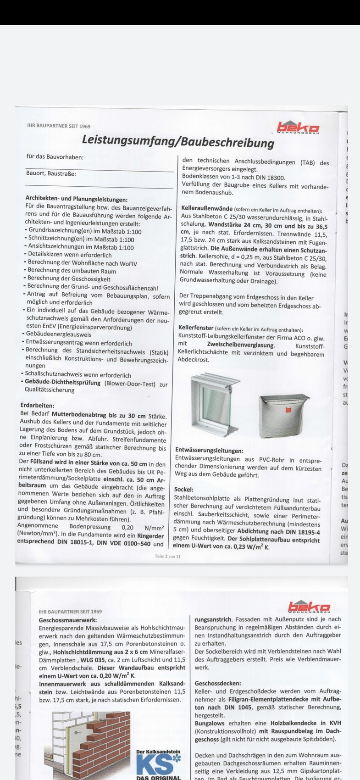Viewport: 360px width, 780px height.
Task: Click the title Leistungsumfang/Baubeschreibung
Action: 178,141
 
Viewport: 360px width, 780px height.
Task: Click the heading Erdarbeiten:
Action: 38,406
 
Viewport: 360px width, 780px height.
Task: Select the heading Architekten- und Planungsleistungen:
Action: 77,199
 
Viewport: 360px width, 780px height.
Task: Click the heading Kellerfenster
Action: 196,329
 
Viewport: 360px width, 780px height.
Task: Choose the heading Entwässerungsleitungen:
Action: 209,451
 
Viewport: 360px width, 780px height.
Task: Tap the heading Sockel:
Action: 184,490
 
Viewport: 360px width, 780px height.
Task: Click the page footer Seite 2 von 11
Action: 168,557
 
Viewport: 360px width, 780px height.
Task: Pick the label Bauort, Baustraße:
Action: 51,173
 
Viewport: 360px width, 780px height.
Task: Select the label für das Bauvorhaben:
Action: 55,157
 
